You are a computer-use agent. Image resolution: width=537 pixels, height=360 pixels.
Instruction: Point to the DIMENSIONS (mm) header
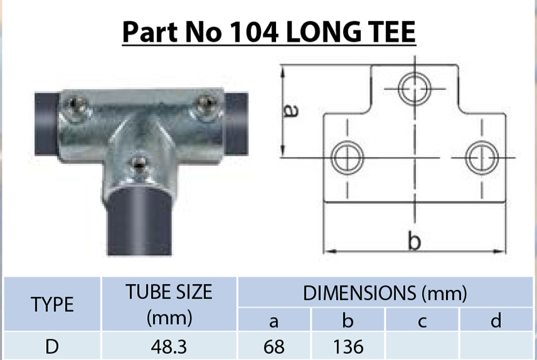click(385, 293)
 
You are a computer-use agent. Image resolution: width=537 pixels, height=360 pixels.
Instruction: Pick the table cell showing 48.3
click(169, 346)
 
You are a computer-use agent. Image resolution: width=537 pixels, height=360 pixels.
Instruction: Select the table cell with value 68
click(274, 346)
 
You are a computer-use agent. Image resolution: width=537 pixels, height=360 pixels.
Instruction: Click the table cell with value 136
click(347, 346)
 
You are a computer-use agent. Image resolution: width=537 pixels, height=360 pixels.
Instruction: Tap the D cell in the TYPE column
click(52, 346)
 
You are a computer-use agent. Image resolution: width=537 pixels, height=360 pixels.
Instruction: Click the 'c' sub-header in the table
click(422, 321)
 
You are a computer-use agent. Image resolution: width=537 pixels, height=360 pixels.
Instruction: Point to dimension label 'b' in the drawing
click(414, 241)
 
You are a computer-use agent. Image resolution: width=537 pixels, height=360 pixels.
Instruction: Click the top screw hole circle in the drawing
click(414, 88)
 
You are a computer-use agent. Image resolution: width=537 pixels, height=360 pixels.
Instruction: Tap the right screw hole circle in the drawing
click(482, 156)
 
